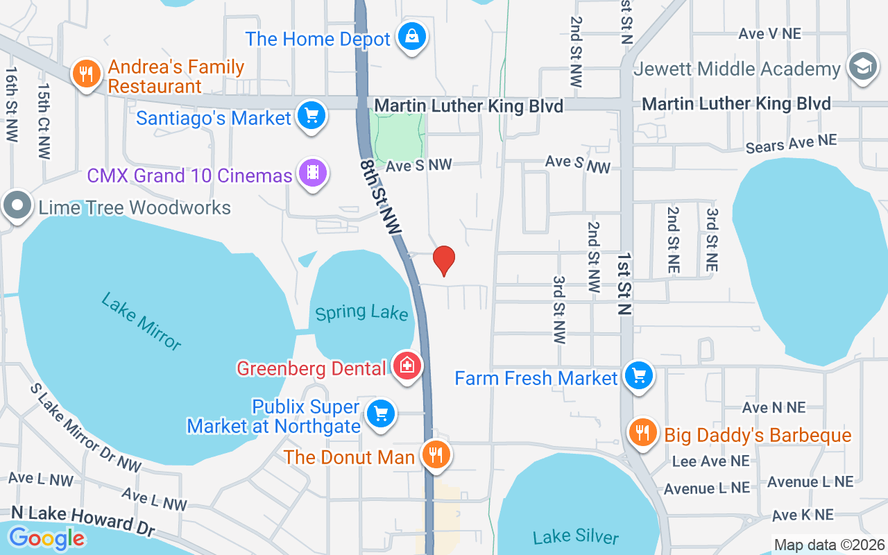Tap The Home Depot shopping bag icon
[412, 38]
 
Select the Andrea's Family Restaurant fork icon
[86, 74]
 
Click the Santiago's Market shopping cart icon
[311, 116]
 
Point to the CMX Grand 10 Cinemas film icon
[313, 173]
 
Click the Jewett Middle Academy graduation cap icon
[862, 68]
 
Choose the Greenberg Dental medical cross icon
[407, 366]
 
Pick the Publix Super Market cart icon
[380, 414]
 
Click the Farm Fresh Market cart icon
[638, 377]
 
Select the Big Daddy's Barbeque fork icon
[643, 434]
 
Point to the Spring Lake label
[361, 313]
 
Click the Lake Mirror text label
[142, 321]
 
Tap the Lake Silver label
[576, 536]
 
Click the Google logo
[46, 538]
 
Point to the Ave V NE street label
[769, 33]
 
